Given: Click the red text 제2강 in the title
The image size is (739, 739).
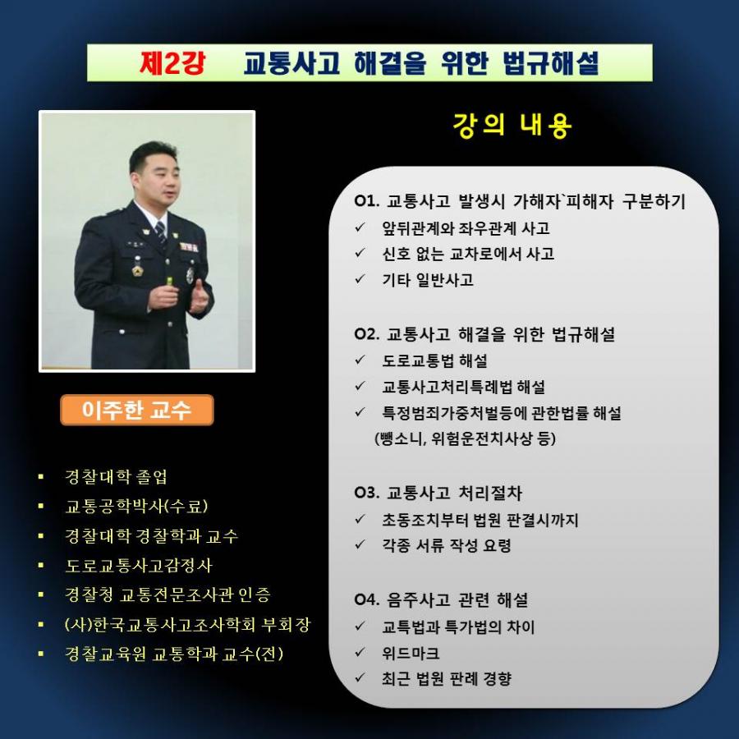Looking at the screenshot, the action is pyautogui.click(x=172, y=62).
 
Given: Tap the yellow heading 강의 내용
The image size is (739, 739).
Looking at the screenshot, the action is pyautogui.click(x=512, y=126).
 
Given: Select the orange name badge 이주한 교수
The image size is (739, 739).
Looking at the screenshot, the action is pyautogui.click(x=136, y=410).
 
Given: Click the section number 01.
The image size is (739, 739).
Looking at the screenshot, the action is pyautogui.click(x=367, y=201).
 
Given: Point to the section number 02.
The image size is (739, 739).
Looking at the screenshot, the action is pyautogui.click(x=367, y=334).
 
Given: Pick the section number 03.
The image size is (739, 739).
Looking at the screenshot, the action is pyautogui.click(x=367, y=493).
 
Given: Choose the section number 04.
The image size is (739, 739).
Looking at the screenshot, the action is pyautogui.click(x=367, y=599).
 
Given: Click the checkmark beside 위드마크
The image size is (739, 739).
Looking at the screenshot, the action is pyautogui.click(x=360, y=652).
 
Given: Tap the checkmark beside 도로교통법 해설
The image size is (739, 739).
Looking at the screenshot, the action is pyautogui.click(x=360, y=360).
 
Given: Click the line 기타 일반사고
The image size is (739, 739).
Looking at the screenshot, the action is pyautogui.click(x=428, y=280).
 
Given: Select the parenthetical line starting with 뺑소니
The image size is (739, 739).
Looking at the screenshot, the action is pyautogui.click(x=466, y=438).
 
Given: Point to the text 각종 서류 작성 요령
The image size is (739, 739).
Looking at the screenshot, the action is pyautogui.click(x=447, y=545).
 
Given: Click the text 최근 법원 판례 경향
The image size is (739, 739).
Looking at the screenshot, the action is pyautogui.click(x=447, y=679).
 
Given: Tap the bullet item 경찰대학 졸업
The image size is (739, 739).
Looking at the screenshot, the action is pyautogui.click(x=116, y=476).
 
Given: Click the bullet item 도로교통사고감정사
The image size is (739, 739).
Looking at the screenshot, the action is pyautogui.click(x=139, y=565).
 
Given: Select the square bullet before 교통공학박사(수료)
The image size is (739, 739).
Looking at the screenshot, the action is pyautogui.click(x=41, y=506).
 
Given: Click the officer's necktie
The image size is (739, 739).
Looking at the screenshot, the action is pyautogui.click(x=161, y=234).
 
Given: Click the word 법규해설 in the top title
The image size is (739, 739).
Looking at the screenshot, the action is pyautogui.click(x=551, y=62).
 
